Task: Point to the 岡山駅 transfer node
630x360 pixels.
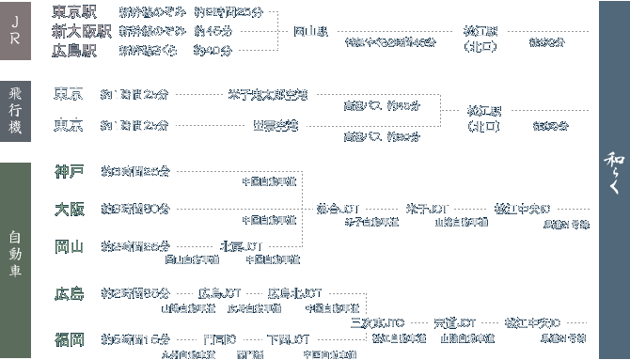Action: [310, 31]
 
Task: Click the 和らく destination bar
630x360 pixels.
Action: [612, 179]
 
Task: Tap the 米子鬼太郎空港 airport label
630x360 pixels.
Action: [267, 95]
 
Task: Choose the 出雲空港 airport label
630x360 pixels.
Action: [275, 125]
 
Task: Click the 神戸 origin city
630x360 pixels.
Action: [70, 171]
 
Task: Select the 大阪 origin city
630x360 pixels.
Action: [70, 208]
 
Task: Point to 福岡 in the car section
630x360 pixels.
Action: [70, 338]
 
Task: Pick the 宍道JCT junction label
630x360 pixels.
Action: [455, 322]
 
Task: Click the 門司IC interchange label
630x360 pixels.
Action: [218, 338]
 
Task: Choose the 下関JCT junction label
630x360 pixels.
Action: [288, 338]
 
